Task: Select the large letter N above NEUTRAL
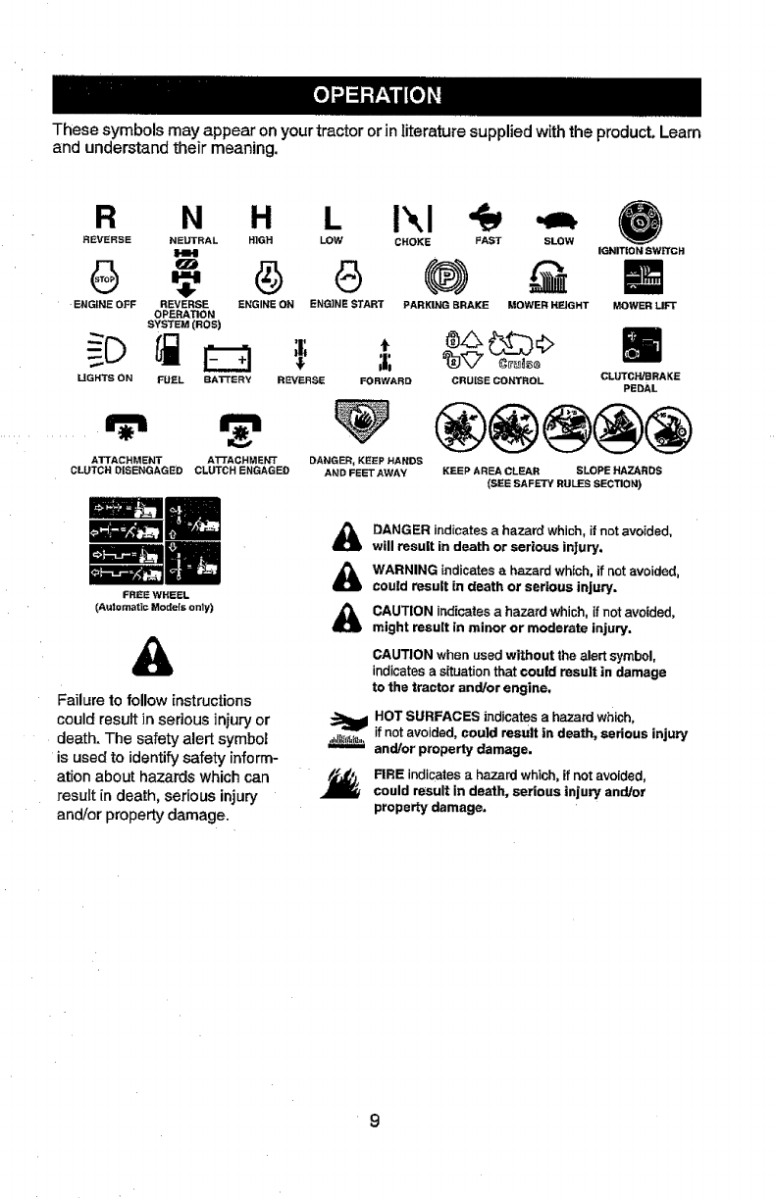click(x=186, y=215)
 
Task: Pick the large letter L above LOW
click(x=332, y=215)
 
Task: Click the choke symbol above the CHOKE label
click(x=411, y=215)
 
